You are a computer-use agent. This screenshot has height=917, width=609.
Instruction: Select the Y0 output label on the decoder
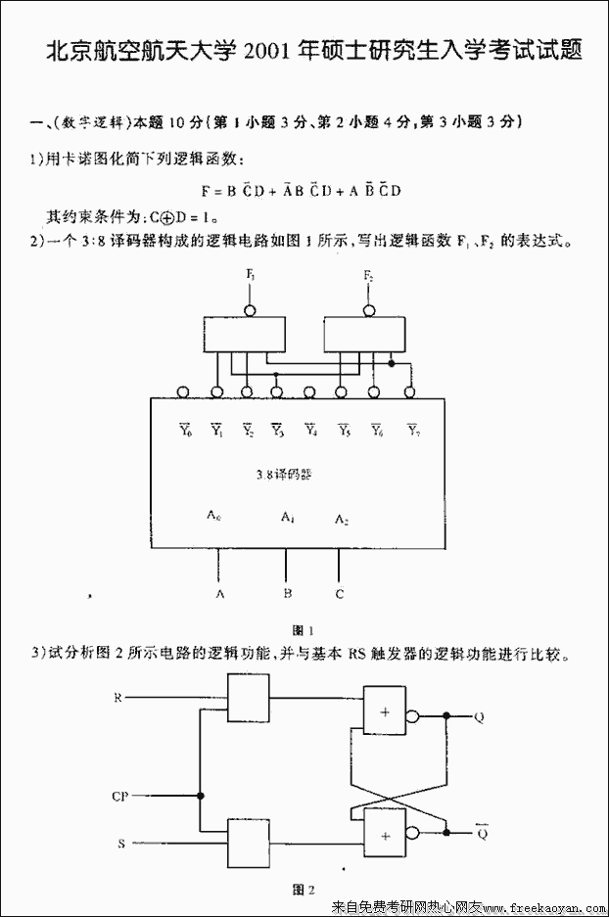click(x=185, y=431)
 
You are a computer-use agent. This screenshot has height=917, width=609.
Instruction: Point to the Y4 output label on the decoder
click(x=310, y=431)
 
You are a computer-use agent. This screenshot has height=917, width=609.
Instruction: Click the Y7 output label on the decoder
click(x=412, y=431)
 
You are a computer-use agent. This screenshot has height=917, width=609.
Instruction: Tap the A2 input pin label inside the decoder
click(x=342, y=518)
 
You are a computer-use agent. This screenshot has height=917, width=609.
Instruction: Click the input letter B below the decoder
click(x=287, y=593)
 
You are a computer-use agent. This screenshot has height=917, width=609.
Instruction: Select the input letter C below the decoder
click(x=339, y=593)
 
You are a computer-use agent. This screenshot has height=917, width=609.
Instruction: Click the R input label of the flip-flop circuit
click(x=117, y=698)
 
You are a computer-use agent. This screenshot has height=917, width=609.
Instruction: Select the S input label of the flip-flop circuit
click(x=120, y=842)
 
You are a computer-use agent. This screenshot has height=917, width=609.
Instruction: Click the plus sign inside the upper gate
click(x=386, y=711)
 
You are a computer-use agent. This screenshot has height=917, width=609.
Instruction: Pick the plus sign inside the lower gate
click(x=386, y=835)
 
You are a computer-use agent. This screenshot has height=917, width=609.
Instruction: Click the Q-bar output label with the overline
click(x=481, y=833)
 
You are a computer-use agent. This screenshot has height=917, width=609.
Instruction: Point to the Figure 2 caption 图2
click(x=304, y=890)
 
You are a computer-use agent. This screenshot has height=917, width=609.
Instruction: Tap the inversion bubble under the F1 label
click(x=251, y=310)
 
